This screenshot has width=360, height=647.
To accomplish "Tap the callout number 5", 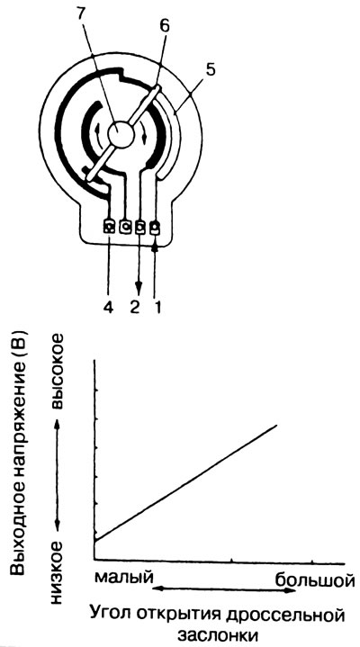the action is pyautogui.click(x=210, y=69).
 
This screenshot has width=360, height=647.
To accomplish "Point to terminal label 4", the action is pyautogui.click(x=109, y=309).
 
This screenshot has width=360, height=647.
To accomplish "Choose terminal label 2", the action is pyautogui.click(x=135, y=309).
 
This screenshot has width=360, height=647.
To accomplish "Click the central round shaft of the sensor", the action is pyautogui.click(x=121, y=134).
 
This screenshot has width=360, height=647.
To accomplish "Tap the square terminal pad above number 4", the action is pyautogui.click(x=110, y=227).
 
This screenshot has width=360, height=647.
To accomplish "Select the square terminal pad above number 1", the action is pyautogui.click(x=155, y=228).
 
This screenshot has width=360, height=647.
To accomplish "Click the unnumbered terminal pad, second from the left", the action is pyautogui.click(x=125, y=227).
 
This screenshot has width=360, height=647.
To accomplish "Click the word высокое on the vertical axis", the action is pyautogui.click(x=57, y=371).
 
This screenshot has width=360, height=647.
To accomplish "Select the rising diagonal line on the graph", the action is pyautogui.click(x=185, y=482).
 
